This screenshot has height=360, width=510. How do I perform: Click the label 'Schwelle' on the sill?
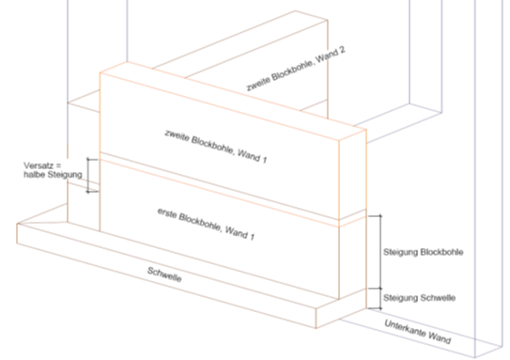point(164,274)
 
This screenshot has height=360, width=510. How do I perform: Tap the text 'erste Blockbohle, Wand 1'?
point(206,225)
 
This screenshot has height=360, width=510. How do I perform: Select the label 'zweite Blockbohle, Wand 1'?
point(216,146)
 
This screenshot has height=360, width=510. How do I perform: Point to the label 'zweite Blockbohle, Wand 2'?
point(296,69)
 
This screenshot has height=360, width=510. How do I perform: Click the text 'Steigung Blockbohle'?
point(424,252)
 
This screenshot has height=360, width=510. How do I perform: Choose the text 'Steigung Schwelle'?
point(419,298)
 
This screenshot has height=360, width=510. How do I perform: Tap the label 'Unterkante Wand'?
point(418,332)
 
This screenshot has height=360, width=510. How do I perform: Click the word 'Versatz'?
point(38,165)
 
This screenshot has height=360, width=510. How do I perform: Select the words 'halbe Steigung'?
point(53,175)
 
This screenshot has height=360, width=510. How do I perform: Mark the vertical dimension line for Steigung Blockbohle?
point(380,252)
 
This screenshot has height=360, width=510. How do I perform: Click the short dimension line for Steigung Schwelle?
point(380,299)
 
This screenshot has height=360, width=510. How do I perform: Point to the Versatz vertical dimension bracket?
point(87,176)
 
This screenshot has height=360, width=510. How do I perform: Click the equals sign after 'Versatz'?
point(58,166)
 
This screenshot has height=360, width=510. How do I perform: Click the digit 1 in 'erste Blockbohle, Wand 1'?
point(252,236)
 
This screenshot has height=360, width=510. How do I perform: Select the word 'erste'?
point(166,213)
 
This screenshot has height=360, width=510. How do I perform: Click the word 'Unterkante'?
point(402,328)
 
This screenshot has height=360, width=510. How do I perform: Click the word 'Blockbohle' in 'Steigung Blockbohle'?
point(442,252)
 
